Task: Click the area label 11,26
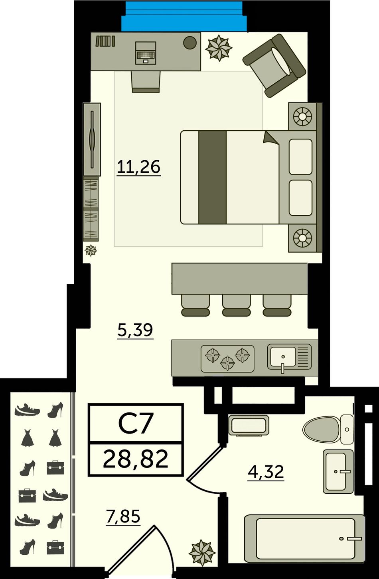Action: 139,167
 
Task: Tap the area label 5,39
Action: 135,330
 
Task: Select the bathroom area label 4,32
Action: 266,471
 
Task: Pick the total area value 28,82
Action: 136,459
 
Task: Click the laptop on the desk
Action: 146,53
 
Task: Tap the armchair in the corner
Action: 274,65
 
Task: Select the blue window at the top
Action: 184,16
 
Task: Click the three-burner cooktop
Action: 227,359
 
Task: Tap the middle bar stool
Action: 236,305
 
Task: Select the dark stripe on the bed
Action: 212,177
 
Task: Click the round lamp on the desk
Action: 190,42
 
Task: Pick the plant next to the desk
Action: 219,48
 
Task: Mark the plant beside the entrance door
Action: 202,553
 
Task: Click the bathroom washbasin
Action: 338,471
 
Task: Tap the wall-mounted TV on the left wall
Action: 92,139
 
